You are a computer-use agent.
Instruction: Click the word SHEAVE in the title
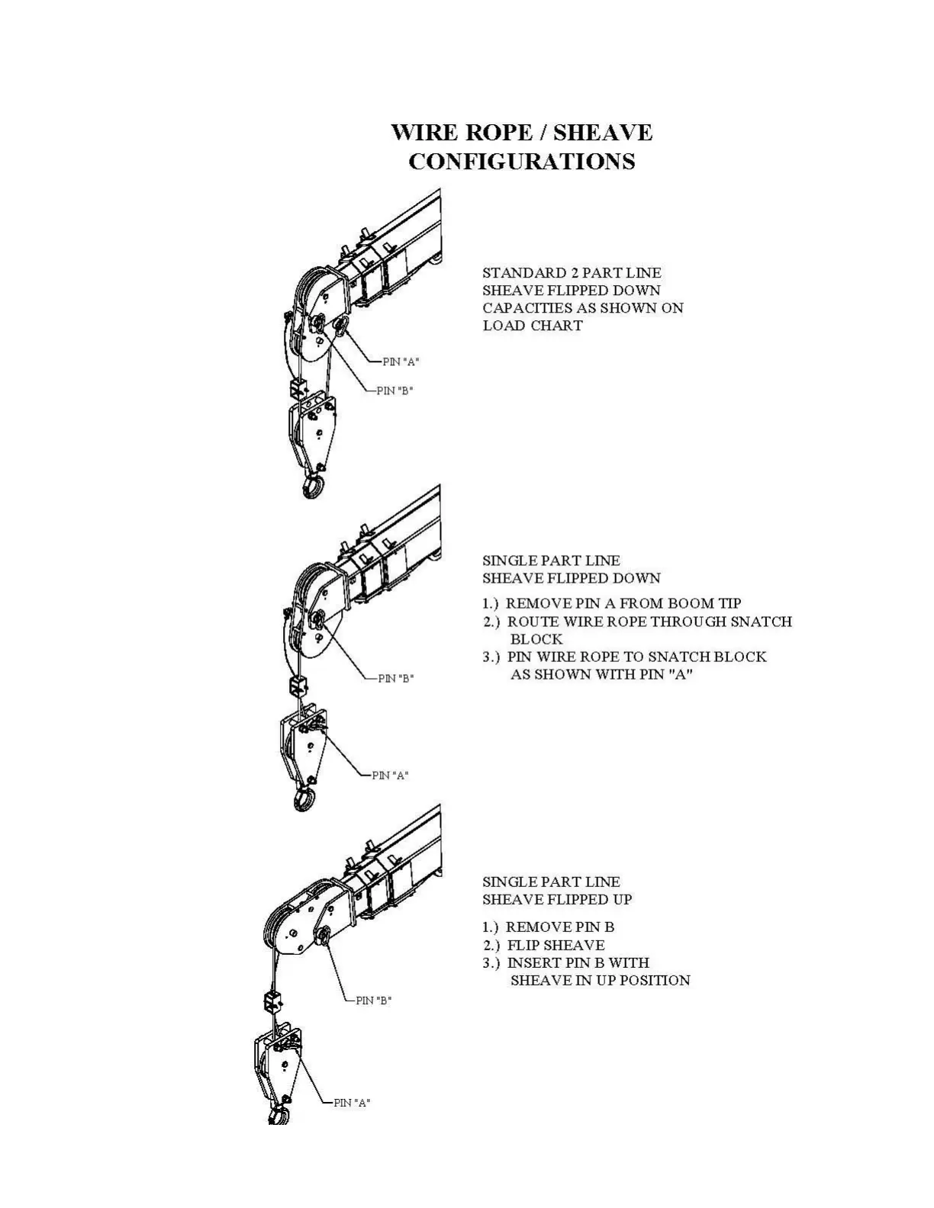(603, 133)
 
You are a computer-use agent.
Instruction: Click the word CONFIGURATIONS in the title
(522, 162)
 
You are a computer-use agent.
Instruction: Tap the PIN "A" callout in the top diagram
(401, 361)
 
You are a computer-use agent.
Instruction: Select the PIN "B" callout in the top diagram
(395, 390)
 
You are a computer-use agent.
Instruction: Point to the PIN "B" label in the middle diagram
(397, 678)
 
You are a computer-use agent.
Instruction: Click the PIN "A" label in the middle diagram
(391, 775)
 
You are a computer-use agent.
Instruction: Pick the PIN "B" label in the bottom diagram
(374, 1000)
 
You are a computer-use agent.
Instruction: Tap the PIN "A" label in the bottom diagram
(352, 1102)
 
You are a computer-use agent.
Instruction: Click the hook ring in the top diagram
(313, 487)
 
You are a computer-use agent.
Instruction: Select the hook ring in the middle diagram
(304, 799)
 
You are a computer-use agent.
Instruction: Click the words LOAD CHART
(533, 326)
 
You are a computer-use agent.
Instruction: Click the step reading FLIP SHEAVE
(556, 945)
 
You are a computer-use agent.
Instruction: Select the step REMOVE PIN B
(560, 927)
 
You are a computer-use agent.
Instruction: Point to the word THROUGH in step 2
(689, 622)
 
